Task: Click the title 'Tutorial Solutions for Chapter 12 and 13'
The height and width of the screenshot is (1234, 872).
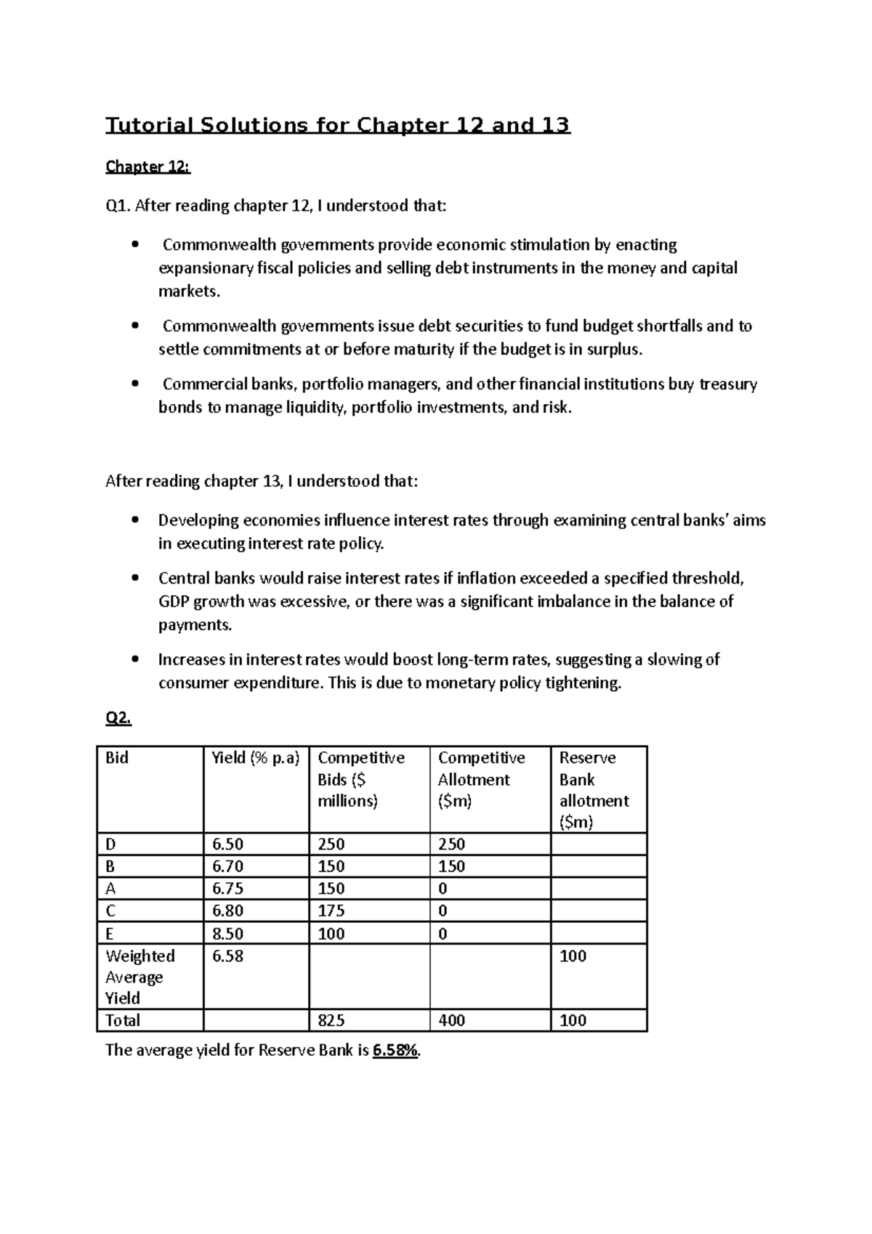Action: click(x=338, y=126)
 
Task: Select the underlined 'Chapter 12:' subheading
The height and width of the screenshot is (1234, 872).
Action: click(x=148, y=167)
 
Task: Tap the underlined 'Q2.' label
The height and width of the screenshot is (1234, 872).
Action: click(x=118, y=718)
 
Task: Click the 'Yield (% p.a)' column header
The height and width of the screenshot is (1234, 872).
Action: click(x=255, y=758)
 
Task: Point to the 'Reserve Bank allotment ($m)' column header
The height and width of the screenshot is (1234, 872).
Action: click(x=594, y=790)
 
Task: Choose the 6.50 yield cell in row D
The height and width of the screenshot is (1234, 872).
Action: click(x=227, y=844)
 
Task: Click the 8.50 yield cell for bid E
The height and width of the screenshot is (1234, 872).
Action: click(x=227, y=934)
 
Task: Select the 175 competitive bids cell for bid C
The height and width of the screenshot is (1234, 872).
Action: click(x=331, y=911)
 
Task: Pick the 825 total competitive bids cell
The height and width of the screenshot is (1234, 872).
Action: click(x=331, y=1021)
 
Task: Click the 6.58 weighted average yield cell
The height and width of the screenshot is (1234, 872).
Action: click(x=227, y=956)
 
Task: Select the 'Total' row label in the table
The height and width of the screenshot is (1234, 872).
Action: click(x=123, y=1021)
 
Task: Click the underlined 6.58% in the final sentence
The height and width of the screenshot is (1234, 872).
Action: click(x=395, y=1050)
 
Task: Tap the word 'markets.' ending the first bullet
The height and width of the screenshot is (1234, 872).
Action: click(x=189, y=291)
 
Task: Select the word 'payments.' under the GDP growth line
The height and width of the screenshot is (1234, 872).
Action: click(x=190, y=625)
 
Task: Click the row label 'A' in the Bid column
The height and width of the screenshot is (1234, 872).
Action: click(x=110, y=889)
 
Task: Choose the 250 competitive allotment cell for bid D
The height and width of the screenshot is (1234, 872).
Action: click(x=451, y=844)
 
